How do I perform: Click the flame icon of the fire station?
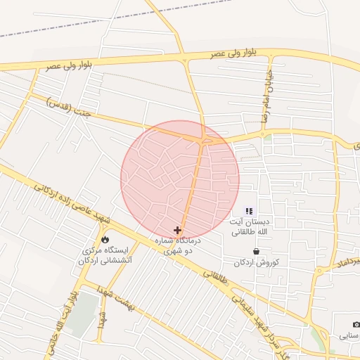point(105,238)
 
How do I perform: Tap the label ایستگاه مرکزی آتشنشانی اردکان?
point(105,255)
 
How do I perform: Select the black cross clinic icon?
point(177,229)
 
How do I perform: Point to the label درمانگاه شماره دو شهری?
point(182,245)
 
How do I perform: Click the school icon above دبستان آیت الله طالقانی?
point(248,211)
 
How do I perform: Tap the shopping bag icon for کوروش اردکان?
point(256,251)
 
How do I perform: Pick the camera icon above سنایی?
point(356,324)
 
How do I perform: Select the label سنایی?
point(350,336)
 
